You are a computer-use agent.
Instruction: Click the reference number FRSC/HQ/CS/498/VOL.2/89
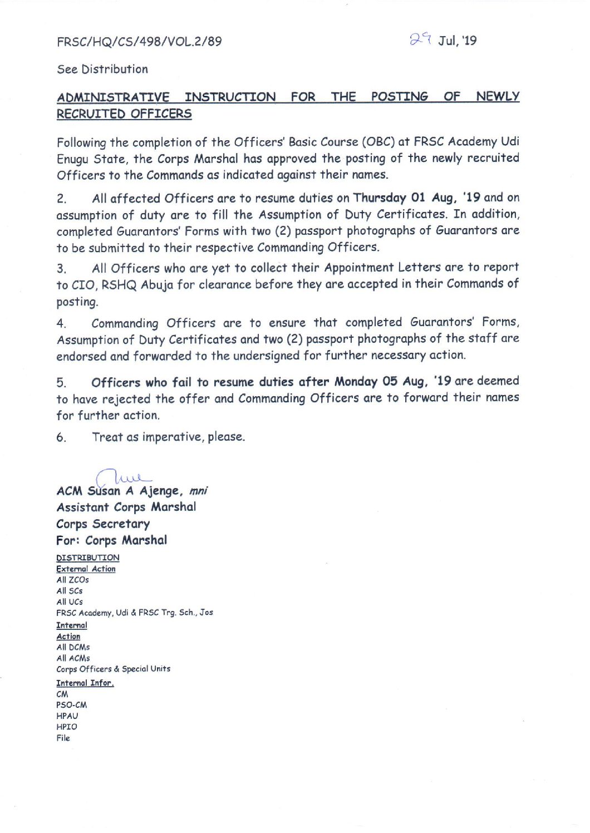click(139, 41)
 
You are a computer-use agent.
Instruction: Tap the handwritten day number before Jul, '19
click(420, 39)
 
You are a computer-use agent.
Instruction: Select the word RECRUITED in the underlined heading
click(92, 114)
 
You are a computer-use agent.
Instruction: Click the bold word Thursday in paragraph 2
click(380, 198)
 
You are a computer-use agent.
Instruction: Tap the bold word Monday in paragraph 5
click(356, 382)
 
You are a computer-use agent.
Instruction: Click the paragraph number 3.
click(61, 269)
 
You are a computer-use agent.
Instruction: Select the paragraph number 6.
click(61, 438)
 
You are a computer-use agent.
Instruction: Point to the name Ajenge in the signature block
click(160, 491)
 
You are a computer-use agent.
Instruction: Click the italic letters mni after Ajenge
click(198, 491)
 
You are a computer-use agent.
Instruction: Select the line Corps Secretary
click(103, 524)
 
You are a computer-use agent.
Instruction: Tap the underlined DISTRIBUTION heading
click(87, 558)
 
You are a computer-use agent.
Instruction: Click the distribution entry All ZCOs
click(72, 580)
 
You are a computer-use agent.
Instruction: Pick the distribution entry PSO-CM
click(71, 705)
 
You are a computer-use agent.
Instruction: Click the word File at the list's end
click(63, 738)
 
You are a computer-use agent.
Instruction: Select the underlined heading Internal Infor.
click(85, 683)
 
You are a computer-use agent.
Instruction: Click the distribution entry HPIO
click(67, 727)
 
